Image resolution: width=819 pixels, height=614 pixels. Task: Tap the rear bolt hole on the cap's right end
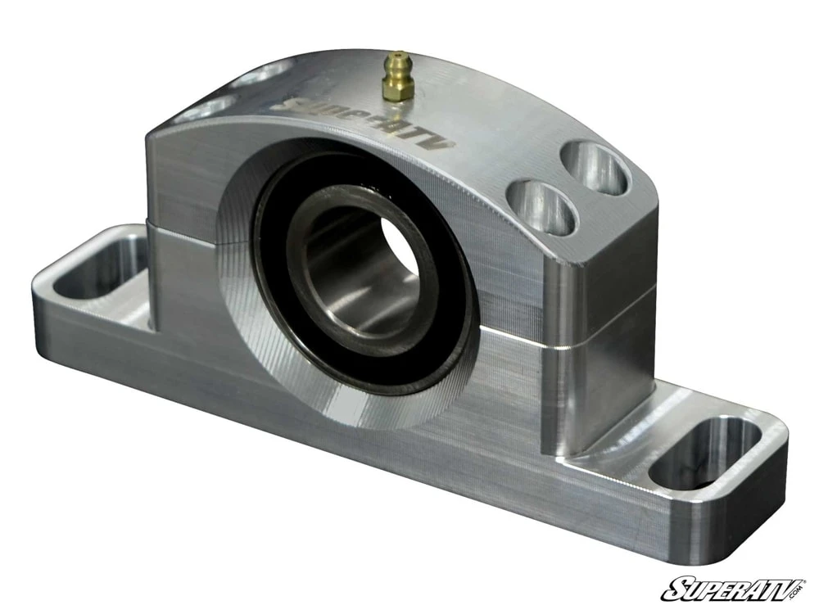tap(596, 167)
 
